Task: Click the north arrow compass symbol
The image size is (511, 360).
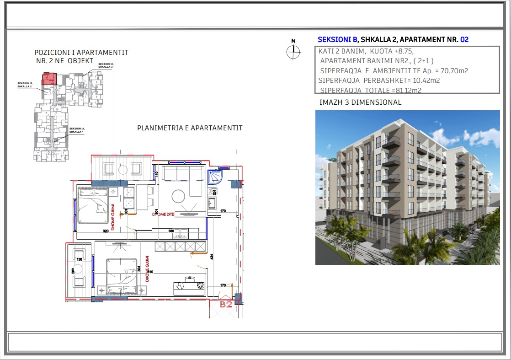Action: click(293, 52)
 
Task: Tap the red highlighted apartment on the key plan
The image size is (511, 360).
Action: click(48, 78)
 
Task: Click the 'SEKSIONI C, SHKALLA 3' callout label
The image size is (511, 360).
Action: click(106, 65)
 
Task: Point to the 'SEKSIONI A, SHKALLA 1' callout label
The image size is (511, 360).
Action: click(77, 130)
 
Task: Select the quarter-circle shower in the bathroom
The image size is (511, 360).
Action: click(214, 177)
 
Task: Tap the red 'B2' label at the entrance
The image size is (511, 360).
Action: click(226, 304)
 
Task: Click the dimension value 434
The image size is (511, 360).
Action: click(212, 257)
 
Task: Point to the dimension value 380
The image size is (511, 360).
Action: click(171, 231)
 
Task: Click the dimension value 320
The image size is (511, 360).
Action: click(106, 231)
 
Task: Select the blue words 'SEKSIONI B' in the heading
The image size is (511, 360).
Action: click(337, 40)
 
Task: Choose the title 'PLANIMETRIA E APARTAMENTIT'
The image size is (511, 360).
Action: click(190, 128)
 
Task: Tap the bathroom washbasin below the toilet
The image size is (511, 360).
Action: click(212, 203)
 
